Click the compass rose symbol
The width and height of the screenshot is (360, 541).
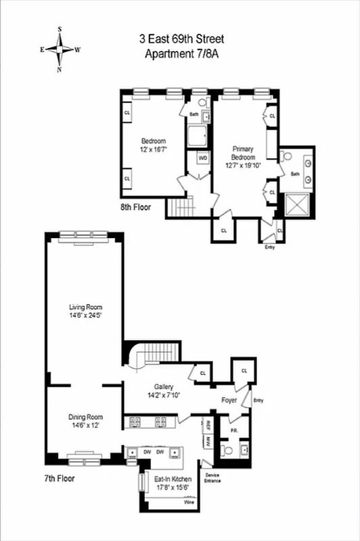tap(60, 50)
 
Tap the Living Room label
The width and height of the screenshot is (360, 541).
tap(85, 306)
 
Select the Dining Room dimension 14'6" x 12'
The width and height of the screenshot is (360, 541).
tap(85, 425)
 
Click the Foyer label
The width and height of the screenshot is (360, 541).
tap(229, 399)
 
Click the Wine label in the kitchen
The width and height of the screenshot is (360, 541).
tap(190, 502)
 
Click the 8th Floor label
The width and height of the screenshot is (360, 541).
tap(136, 207)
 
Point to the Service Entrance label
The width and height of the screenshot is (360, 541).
tap(212, 477)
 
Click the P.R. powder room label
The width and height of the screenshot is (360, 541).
tap(232, 429)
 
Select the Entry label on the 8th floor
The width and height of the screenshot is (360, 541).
tap(270, 248)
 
